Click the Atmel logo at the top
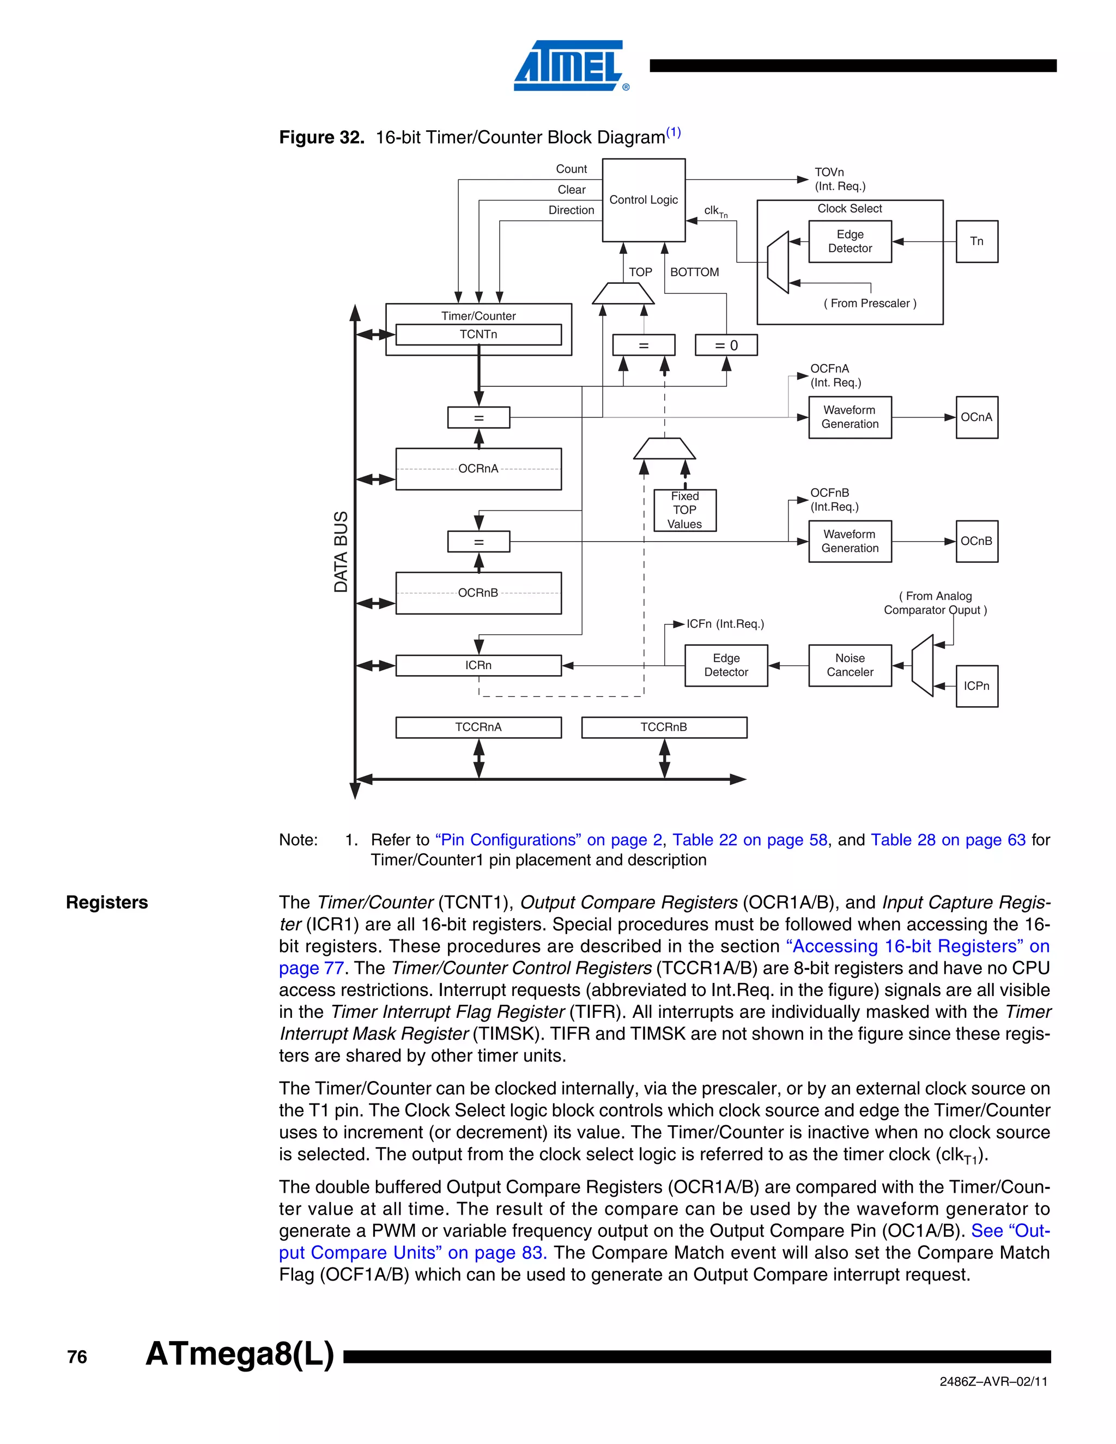click(569, 65)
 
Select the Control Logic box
click(644, 199)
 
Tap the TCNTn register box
click(478, 335)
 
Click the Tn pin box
click(976, 241)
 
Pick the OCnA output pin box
click(976, 417)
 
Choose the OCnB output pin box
click(976, 542)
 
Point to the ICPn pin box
click(976, 686)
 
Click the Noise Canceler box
click(850, 665)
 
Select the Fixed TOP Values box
click(684, 510)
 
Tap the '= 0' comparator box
click(726, 345)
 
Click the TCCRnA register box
click(478, 727)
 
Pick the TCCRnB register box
click(664, 727)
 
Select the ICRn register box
click(478, 665)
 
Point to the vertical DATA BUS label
click(341, 551)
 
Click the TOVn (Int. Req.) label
click(840, 179)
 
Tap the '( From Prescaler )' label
click(869, 304)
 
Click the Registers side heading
click(107, 902)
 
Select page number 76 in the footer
click(77, 1357)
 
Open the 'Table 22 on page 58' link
click(750, 840)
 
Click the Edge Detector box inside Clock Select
click(850, 241)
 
